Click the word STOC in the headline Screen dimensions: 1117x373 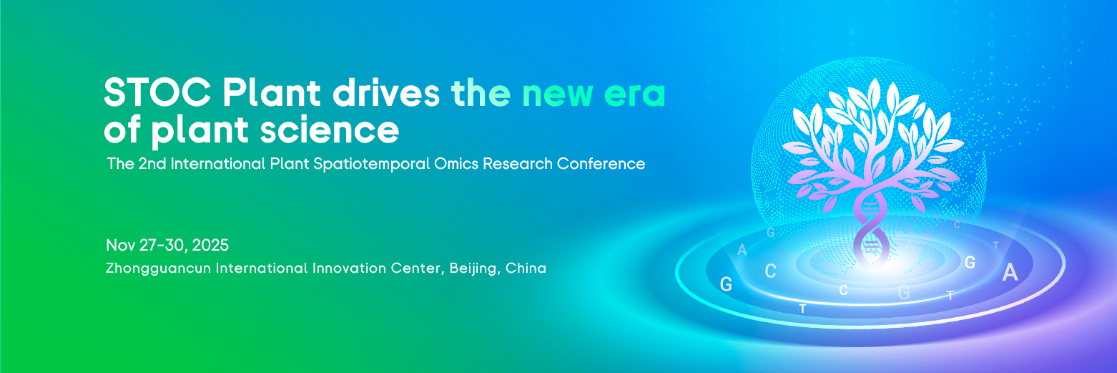click(x=157, y=93)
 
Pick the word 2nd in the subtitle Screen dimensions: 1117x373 click(x=152, y=164)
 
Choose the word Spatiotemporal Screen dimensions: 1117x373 click(x=371, y=164)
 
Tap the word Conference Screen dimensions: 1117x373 click(x=601, y=164)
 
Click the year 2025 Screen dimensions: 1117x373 click(x=210, y=245)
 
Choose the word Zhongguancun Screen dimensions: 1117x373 click(x=158, y=268)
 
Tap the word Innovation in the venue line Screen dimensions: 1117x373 click(x=348, y=268)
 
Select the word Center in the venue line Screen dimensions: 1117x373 click(x=417, y=268)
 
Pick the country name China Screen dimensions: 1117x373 click(x=526, y=268)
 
